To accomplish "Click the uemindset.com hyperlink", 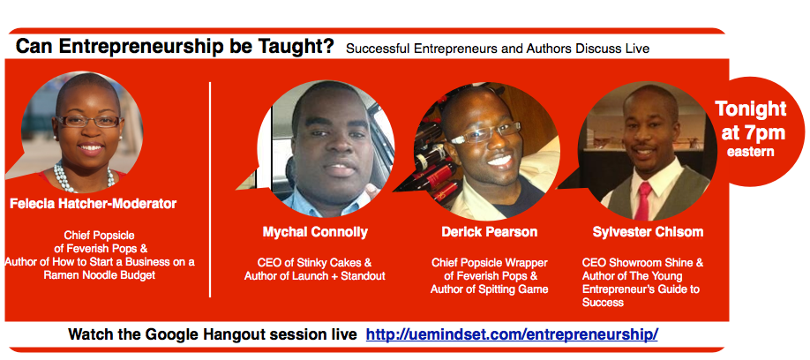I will point(512,335).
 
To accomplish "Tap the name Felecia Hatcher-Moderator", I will point(93,204).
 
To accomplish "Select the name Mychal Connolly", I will point(314,232).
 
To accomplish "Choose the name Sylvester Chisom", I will point(649,232).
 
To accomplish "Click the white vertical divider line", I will point(210,189).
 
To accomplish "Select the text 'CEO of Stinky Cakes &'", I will point(315,263).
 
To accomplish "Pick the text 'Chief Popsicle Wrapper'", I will point(489,263).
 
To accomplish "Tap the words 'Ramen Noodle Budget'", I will point(99,275).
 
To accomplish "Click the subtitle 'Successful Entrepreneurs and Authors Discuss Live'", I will point(498,49).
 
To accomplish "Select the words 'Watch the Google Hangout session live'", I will point(213,335).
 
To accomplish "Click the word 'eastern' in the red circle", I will point(750,152).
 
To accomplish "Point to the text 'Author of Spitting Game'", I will point(489,289).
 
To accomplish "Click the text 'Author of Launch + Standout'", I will point(315,276).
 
